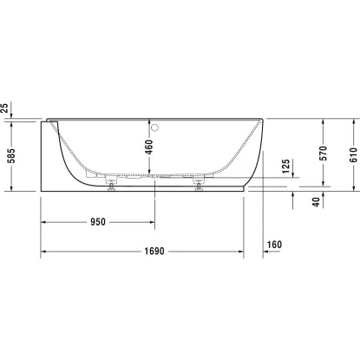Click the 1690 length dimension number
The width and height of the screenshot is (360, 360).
(x=154, y=251)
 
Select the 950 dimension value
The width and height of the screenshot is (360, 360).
(x=98, y=222)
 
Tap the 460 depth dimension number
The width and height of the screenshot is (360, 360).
(x=149, y=147)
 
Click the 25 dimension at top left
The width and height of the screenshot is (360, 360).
(x=4, y=108)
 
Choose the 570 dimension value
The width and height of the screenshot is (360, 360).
(x=324, y=154)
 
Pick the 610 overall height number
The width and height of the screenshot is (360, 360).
(x=353, y=155)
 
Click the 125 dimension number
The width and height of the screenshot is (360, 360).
(x=285, y=166)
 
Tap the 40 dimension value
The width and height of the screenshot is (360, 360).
(x=317, y=202)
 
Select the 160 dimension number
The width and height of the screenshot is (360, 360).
(x=274, y=245)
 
